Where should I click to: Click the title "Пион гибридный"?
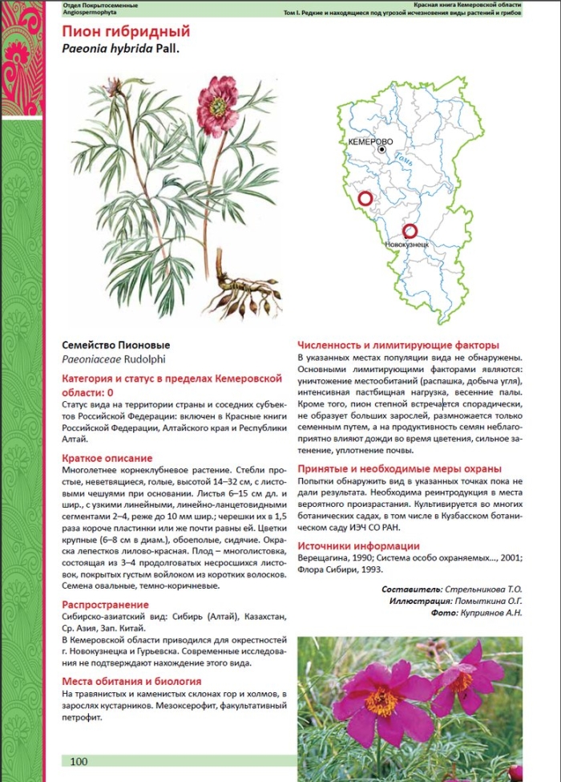click(x=126, y=32)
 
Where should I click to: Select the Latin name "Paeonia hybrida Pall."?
click(x=121, y=48)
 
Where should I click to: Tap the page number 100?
click(x=79, y=761)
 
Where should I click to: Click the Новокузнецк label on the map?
click(x=407, y=243)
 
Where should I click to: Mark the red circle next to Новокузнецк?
click(x=410, y=231)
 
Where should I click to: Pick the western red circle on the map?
click(x=365, y=198)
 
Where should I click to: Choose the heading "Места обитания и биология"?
click(x=131, y=681)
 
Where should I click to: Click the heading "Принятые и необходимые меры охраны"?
click(x=399, y=468)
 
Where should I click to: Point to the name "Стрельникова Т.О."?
click(x=490, y=589)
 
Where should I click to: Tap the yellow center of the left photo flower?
click(x=381, y=701)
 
